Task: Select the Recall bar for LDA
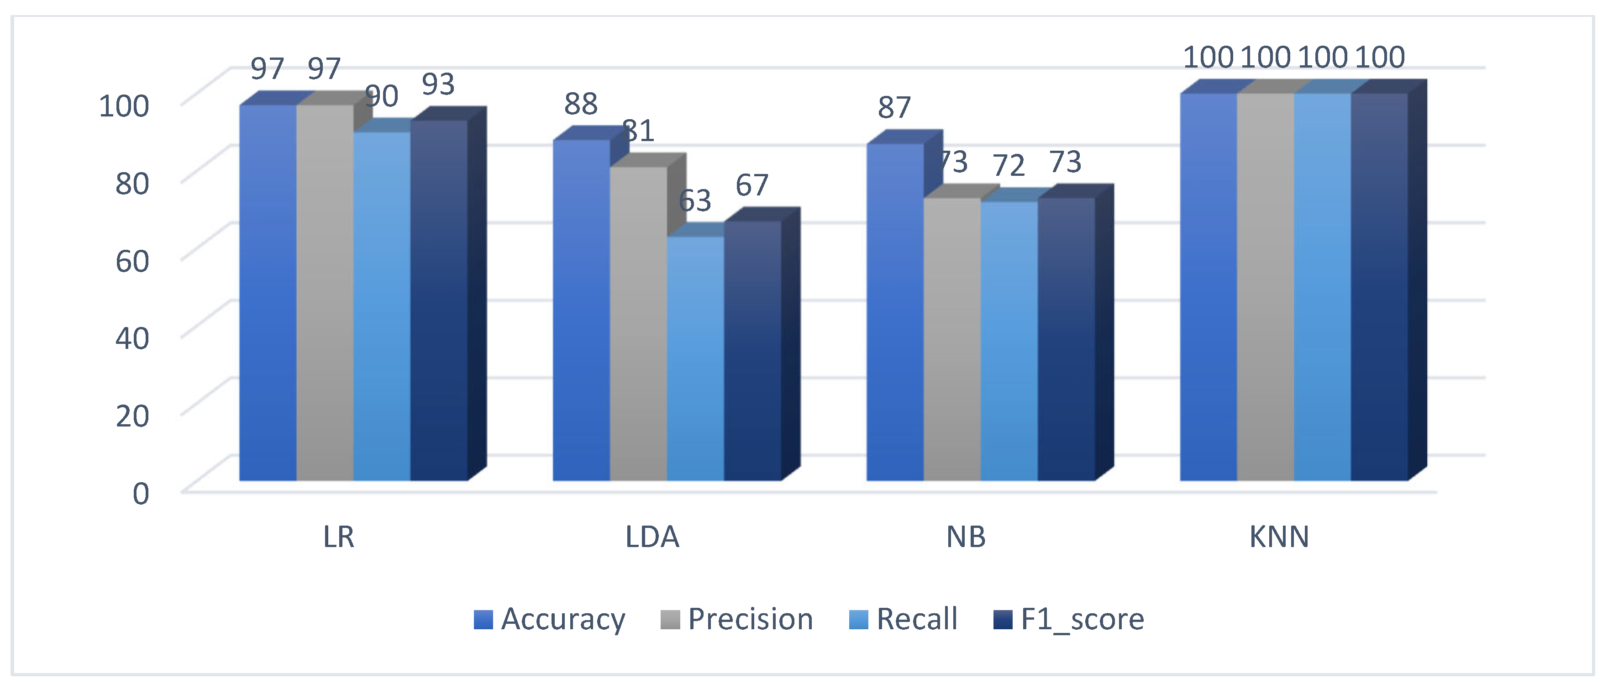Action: coord(695,358)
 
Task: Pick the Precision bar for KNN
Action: coord(1265,287)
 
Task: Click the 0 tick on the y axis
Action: coord(141,493)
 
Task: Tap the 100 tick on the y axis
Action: coord(124,105)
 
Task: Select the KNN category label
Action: coord(1279,537)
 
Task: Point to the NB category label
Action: coord(966,537)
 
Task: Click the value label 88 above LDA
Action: coord(581,104)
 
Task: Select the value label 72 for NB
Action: coord(1009,165)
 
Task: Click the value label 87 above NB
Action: coord(894,107)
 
